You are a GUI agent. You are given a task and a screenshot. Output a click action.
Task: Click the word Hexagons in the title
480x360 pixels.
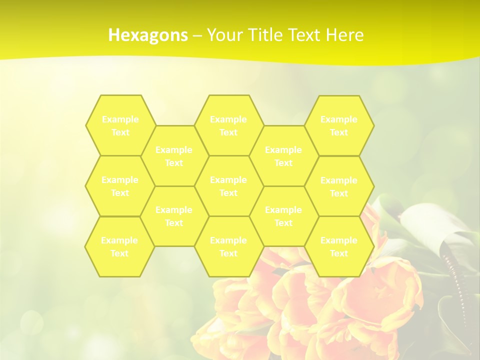pyautogui.click(x=148, y=35)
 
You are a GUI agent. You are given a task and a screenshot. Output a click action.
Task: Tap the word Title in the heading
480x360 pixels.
pyautogui.click(x=267, y=35)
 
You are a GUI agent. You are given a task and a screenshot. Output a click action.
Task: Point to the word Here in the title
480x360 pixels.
pyautogui.click(x=344, y=35)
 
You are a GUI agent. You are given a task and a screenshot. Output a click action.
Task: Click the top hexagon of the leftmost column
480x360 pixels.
pyautogui.click(x=120, y=125)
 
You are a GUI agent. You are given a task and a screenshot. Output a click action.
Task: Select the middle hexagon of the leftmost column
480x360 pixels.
pyautogui.click(x=120, y=186)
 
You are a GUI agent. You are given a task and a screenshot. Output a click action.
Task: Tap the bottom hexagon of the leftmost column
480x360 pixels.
pyautogui.click(x=119, y=246)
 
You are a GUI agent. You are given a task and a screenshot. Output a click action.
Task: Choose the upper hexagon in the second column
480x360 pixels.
pyautogui.click(x=174, y=156)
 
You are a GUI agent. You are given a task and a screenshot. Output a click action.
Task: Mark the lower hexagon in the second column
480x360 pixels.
pyautogui.click(x=174, y=216)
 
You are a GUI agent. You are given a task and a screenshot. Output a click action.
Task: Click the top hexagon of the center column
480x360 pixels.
pyautogui.click(x=228, y=125)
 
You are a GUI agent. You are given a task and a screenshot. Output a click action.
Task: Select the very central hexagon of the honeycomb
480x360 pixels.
pyautogui.click(x=228, y=186)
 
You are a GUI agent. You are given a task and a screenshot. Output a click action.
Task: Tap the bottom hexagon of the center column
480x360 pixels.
pyautogui.click(x=228, y=246)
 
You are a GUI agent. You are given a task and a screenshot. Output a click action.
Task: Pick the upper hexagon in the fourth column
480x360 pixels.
pyautogui.click(x=283, y=156)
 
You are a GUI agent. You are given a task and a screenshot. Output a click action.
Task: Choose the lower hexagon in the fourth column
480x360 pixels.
pyautogui.click(x=283, y=216)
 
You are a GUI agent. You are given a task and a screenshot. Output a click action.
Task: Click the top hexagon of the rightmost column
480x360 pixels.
pyautogui.click(x=339, y=125)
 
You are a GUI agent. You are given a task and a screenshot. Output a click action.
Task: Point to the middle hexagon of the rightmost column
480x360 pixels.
pyautogui.click(x=339, y=186)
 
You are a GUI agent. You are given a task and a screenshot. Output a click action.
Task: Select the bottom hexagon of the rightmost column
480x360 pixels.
pyautogui.click(x=339, y=246)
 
